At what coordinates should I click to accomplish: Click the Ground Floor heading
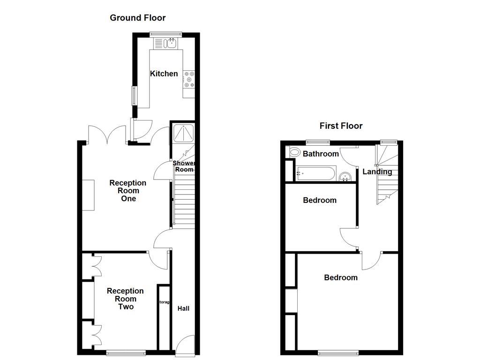(137, 18)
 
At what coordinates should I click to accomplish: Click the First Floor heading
(341, 126)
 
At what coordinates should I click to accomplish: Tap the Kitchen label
(164, 74)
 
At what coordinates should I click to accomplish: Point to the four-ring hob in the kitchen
(189, 79)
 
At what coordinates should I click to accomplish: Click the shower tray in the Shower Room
(183, 133)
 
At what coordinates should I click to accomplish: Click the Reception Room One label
(128, 190)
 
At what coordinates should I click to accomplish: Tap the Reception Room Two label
(125, 299)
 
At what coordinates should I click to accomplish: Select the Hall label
(183, 308)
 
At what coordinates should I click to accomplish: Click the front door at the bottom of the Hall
(186, 345)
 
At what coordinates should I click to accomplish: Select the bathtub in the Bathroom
(315, 173)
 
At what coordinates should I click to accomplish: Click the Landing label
(377, 172)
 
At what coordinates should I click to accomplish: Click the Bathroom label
(321, 154)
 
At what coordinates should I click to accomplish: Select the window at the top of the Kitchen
(165, 34)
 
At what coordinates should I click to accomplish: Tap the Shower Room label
(184, 166)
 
